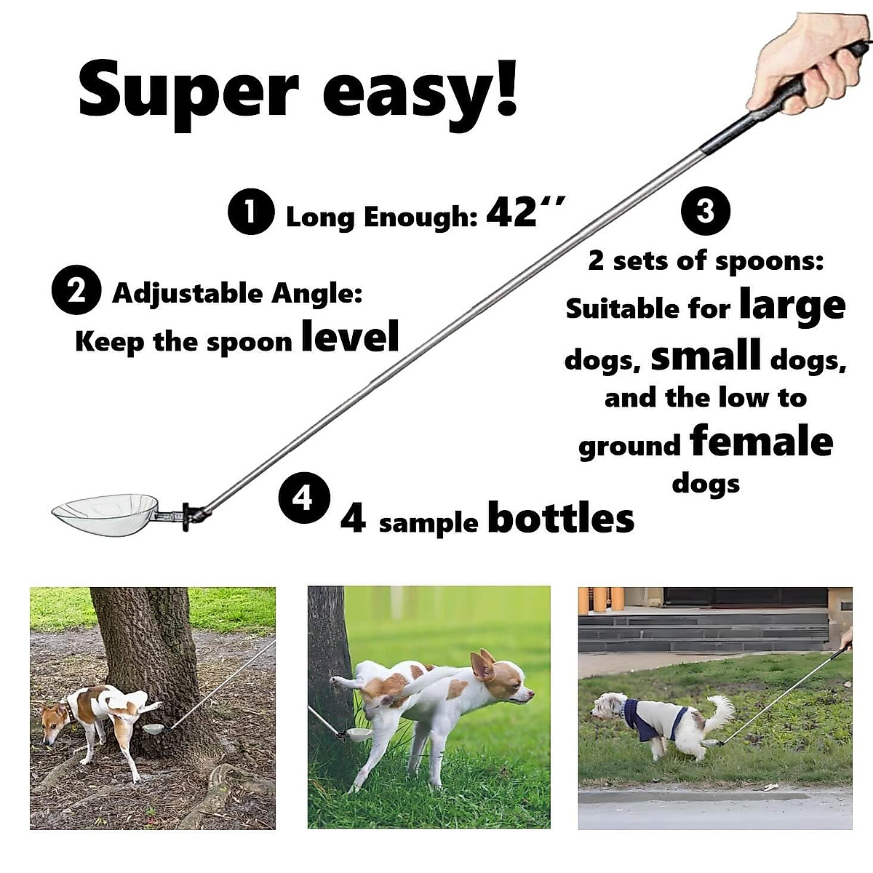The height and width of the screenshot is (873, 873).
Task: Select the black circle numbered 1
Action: [251, 212]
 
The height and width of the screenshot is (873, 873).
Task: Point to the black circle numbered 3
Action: [705, 212]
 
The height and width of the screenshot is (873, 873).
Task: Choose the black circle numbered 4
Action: [304, 498]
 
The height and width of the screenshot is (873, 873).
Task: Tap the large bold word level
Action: [350, 336]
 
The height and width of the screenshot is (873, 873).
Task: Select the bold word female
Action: [761, 441]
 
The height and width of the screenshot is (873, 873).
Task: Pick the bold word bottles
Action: [560, 518]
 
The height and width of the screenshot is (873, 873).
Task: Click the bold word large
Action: [792, 306]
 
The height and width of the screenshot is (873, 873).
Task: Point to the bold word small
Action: [706, 356]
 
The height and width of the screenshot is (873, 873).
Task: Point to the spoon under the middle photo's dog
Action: [361, 735]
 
